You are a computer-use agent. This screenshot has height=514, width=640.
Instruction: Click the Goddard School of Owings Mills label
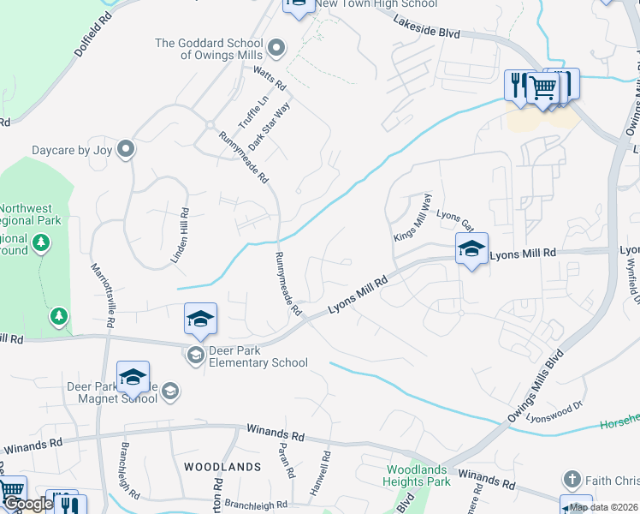tap(209, 49)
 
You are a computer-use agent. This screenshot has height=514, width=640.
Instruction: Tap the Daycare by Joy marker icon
tap(126, 150)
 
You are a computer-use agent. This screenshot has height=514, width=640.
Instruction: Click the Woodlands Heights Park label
tap(418, 476)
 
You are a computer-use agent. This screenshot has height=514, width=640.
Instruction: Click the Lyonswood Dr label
tap(555, 413)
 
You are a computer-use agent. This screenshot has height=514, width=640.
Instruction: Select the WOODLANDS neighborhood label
tap(222, 466)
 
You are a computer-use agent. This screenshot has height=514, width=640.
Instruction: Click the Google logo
tap(27, 504)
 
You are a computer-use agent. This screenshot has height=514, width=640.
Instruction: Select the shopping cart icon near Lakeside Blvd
tap(542, 87)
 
